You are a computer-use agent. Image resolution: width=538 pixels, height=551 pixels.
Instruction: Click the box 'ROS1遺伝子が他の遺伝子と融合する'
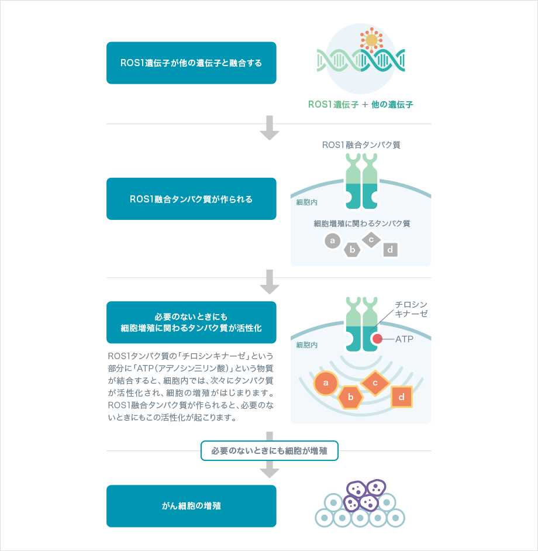point(191,63)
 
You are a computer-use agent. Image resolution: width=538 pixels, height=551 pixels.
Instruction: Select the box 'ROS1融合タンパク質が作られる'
point(191,199)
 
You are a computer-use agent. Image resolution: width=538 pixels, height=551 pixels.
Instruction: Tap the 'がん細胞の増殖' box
point(191,506)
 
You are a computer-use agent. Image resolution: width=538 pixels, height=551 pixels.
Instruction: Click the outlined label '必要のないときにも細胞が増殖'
point(270,451)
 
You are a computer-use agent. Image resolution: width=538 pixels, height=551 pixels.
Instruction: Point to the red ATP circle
point(378,339)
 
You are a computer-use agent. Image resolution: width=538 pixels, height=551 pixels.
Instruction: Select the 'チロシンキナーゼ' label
point(411,309)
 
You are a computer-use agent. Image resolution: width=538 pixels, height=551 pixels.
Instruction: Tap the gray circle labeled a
point(332,240)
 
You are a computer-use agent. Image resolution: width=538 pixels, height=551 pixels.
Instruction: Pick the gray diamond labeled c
point(371,239)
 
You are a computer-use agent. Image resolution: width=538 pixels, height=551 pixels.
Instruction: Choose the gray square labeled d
point(391,250)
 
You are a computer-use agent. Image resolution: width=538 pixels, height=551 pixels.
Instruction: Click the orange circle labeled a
point(326,384)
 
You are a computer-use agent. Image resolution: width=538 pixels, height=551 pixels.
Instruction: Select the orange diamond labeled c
point(375,384)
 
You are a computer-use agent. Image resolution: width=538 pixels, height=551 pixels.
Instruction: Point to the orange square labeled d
point(401,397)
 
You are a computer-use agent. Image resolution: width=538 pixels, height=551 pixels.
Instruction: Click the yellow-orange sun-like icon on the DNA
point(371,40)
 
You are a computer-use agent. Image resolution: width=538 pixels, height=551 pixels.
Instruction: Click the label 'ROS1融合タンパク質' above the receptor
point(361,144)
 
